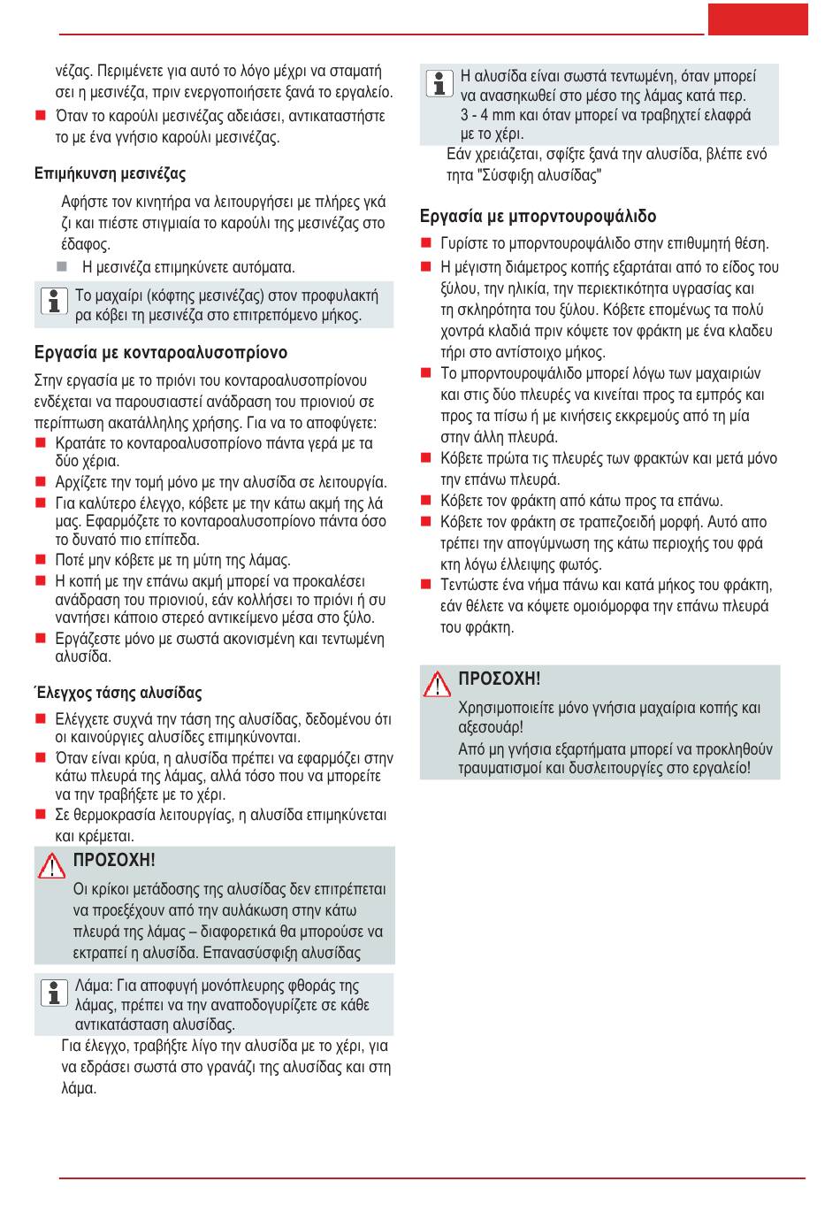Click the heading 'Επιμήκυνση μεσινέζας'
pyautogui.click(x=111, y=173)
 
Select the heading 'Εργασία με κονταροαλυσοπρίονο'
pyautogui.click(x=161, y=352)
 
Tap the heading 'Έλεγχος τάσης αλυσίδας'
pyautogui.click(x=118, y=693)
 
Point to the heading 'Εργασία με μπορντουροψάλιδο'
pyautogui.click(x=538, y=216)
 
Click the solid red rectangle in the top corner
pyautogui.click(x=758, y=19)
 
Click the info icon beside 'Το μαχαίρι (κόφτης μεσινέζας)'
pyautogui.click(x=55, y=301)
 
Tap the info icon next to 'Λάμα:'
pyautogui.click(x=55, y=992)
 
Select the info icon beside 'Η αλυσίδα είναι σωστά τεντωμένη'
pyautogui.click(x=439, y=83)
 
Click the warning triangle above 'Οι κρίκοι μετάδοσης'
pyautogui.click(x=52, y=865)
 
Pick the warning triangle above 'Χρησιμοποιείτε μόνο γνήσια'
pyautogui.click(x=437, y=684)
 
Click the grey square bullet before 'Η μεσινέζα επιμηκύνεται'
pyautogui.click(x=62, y=266)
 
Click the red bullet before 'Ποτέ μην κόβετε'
pyautogui.click(x=41, y=559)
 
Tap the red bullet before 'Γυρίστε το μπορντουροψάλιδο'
pyautogui.click(x=426, y=243)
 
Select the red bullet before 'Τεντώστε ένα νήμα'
pyautogui.click(x=426, y=585)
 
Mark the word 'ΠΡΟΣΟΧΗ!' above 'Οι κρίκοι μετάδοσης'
pyautogui.click(x=114, y=860)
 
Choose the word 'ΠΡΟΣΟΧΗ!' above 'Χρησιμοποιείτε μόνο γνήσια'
pyautogui.click(x=500, y=679)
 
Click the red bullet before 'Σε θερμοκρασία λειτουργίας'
pyautogui.click(x=41, y=815)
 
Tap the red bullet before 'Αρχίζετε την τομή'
pyautogui.click(x=41, y=482)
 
